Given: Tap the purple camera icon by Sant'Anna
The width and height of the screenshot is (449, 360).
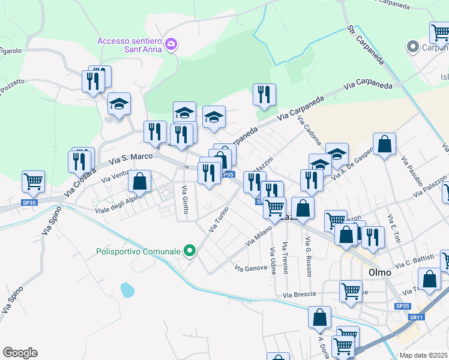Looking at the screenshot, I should (171, 44).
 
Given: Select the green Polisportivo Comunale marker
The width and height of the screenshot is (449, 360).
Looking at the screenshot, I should (190, 251).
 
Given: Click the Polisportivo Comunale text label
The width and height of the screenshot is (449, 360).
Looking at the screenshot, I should (138, 251).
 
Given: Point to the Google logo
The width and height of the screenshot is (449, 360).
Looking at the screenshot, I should (20, 352).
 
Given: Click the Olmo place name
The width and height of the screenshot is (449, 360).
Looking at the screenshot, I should (379, 272).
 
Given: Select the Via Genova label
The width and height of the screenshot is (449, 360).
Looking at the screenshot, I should (251, 268).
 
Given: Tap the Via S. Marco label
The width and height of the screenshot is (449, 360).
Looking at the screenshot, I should (133, 158).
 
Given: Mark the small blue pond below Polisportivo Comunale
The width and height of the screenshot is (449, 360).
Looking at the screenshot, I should (127, 290).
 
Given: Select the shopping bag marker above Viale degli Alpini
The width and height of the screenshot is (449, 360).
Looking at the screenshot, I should (139, 181).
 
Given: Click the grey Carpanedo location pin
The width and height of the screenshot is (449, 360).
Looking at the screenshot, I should (412, 47).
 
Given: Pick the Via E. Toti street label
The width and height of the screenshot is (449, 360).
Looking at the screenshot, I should (394, 229).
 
